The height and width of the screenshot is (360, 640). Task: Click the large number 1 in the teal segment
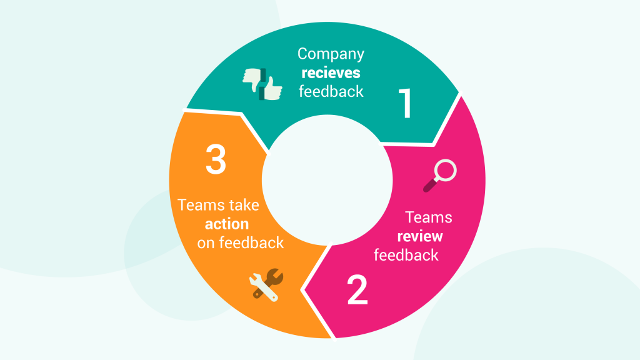(x=406, y=103)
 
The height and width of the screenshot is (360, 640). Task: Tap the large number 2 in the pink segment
(x=357, y=290)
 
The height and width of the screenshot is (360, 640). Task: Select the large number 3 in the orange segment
(x=216, y=159)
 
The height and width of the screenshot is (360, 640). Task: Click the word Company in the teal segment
(x=331, y=54)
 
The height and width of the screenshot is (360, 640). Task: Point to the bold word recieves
(x=331, y=72)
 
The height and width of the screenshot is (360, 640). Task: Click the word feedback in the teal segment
(x=331, y=91)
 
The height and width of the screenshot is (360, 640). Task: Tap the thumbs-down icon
(x=253, y=79)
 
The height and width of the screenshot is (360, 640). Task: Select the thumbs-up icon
(x=271, y=88)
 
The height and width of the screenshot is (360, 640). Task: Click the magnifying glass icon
(x=439, y=176)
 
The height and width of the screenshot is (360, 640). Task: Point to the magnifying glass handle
(x=430, y=185)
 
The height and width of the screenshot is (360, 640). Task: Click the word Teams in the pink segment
(x=428, y=217)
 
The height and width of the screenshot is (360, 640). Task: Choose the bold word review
(x=420, y=236)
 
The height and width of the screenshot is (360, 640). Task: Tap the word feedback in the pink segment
(x=406, y=255)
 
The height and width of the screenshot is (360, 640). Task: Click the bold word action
(x=227, y=224)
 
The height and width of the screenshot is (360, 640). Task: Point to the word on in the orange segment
(x=206, y=244)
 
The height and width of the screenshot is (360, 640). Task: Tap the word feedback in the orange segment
(x=251, y=243)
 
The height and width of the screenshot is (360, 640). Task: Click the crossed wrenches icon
(x=266, y=285)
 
